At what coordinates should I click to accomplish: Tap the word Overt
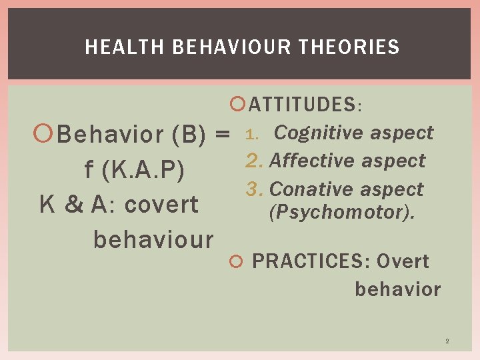tap(403, 261)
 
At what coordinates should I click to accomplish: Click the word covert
tap(161, 205)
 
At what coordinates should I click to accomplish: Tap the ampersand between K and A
tap(73, 205)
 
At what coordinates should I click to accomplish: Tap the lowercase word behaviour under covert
tap(153, 239)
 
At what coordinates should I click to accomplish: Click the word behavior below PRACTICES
tap(397, 289)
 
